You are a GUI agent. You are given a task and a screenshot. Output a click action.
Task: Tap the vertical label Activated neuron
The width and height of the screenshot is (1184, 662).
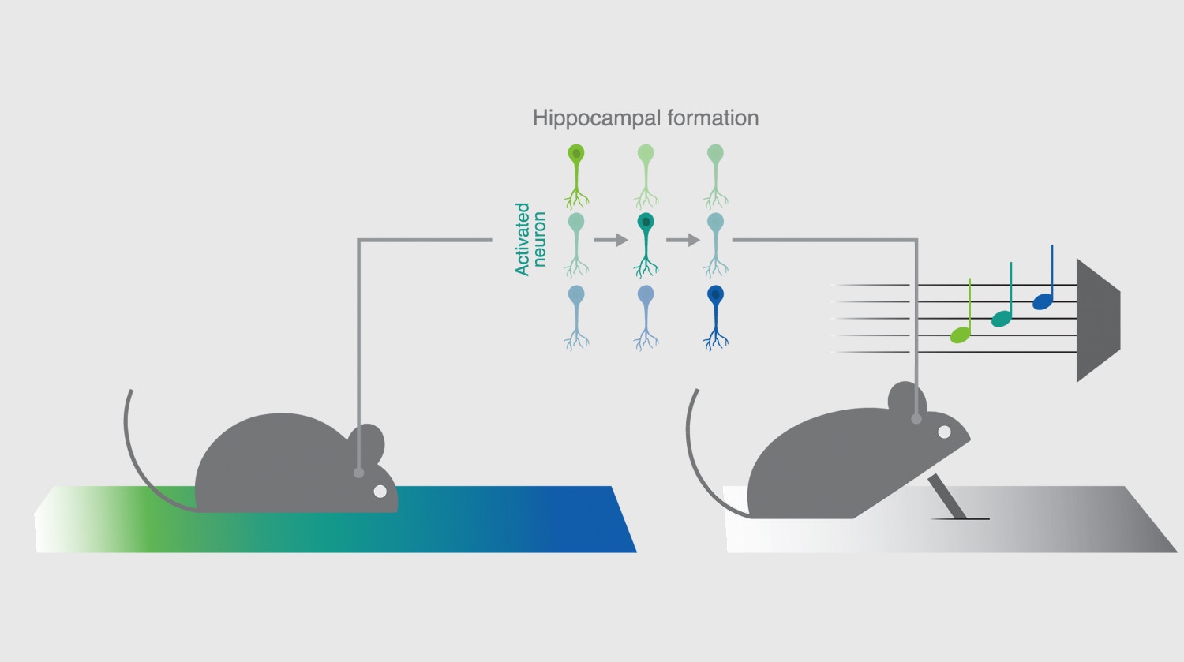point(530,239)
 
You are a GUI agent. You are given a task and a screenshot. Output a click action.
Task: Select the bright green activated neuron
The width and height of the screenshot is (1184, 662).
point(576,175)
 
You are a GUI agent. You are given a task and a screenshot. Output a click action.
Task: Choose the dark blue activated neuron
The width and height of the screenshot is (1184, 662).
point(715,316)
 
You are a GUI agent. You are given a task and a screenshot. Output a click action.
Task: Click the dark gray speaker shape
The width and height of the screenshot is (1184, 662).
point(1096,320)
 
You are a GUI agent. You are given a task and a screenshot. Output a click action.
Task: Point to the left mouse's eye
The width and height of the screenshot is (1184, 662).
point(380,492)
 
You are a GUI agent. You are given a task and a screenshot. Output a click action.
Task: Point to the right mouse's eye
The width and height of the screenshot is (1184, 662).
point(944,432)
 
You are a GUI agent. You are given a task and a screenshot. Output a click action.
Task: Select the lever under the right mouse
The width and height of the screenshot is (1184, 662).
point(946,496)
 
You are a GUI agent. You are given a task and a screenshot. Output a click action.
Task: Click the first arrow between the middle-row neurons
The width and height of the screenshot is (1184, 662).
point(610,240)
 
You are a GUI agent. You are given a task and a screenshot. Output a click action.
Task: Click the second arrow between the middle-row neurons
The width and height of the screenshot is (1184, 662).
point(682,240)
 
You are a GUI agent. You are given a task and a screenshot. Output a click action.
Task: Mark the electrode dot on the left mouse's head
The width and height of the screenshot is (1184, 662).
point(359,473)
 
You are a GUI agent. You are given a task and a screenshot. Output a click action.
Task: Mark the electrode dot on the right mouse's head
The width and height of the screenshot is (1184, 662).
point(916,419)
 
